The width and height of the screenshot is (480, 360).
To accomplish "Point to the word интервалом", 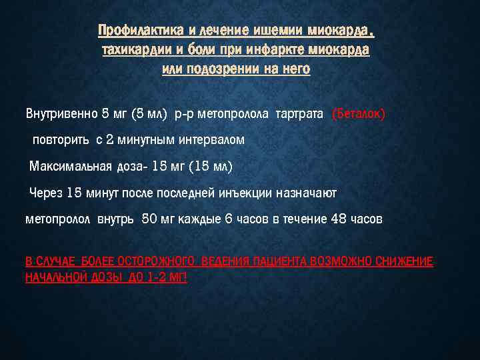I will pos(211,140).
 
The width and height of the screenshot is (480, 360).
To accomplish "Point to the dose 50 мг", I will pos(158,219).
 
